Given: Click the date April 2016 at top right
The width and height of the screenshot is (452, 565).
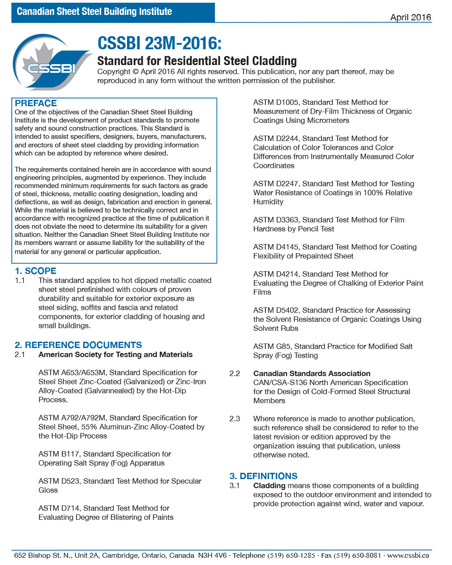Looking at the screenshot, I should pos(410,17).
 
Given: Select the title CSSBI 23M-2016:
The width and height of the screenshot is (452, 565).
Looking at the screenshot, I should pos(159,43).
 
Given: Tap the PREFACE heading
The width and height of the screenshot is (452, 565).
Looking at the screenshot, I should pos(36,103).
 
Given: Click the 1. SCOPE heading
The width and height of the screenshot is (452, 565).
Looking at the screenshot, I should pos(35,271).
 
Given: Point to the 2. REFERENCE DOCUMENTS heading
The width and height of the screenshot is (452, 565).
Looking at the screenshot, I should pos(78,345).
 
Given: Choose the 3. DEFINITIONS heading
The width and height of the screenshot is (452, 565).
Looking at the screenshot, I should pos(263,476).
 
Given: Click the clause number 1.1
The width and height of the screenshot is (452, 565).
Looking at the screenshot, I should pos(20,280).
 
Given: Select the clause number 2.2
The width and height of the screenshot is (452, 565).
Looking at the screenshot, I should pos(235,373).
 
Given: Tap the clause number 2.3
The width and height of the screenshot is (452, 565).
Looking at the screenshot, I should pos(235,419).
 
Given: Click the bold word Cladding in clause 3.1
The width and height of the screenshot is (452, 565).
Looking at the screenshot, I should pos(269,485).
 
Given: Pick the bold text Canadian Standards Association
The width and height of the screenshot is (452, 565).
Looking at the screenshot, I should pos(311,373).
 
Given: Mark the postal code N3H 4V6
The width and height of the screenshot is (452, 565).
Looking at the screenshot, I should pos(212,555).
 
